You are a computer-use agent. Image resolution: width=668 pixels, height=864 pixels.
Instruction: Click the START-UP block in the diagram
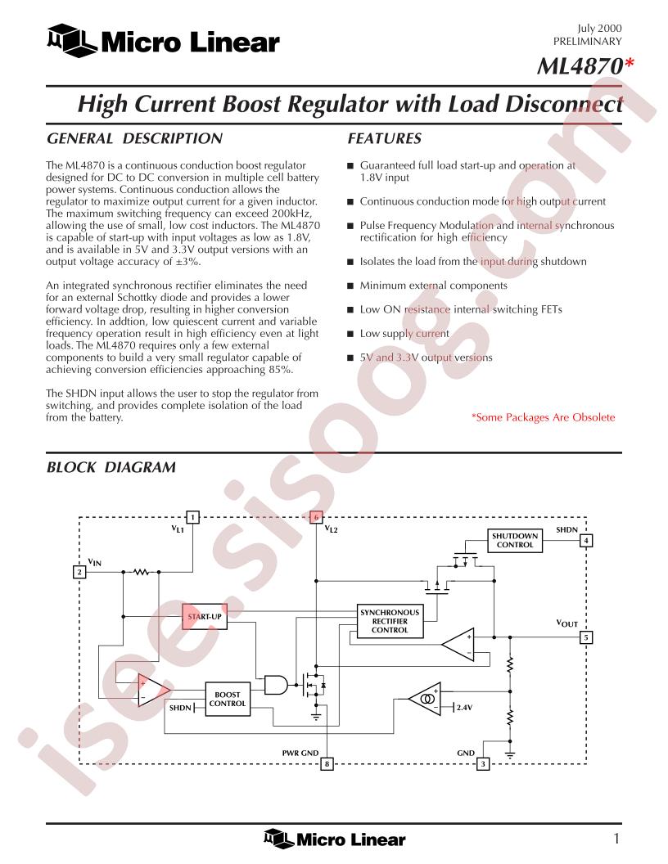point(205,617)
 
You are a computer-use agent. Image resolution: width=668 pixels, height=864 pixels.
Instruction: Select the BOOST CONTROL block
point(227,700)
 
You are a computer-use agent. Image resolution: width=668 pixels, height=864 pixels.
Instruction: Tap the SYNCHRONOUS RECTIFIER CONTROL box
point(390,621)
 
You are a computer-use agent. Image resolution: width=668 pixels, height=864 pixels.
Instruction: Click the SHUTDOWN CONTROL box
point(515,541)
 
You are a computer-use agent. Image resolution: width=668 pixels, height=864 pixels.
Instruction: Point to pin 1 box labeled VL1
point(192,517)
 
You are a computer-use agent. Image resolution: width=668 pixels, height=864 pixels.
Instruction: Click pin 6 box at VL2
point(316,517)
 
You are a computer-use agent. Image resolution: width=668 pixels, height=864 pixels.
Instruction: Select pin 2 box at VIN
point(79,572)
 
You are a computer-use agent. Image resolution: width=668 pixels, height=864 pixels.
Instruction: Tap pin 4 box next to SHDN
point(586,541)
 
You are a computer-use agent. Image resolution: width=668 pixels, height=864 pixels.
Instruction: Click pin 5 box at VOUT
point(586,637)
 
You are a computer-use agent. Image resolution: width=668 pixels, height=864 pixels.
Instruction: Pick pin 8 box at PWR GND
point(327,764)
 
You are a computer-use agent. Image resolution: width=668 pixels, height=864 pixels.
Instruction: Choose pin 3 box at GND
point(483,764)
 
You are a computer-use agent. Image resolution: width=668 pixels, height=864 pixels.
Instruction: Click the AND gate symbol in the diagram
point(276,685)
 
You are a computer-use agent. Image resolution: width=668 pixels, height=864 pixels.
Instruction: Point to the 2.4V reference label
point(464,708)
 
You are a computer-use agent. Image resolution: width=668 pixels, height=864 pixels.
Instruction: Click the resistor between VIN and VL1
point(141,572)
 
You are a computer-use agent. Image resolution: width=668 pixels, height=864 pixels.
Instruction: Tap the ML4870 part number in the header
point(580,66)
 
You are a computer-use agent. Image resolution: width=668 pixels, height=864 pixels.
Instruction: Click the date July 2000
point(600,29)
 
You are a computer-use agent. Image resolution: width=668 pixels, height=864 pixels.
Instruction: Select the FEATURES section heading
point(384,138)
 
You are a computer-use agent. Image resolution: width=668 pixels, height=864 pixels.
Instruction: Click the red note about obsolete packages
point(543,417)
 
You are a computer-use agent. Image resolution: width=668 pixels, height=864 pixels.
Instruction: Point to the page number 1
point(616,839)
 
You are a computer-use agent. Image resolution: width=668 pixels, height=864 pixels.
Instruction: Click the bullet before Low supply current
point(350,334)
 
